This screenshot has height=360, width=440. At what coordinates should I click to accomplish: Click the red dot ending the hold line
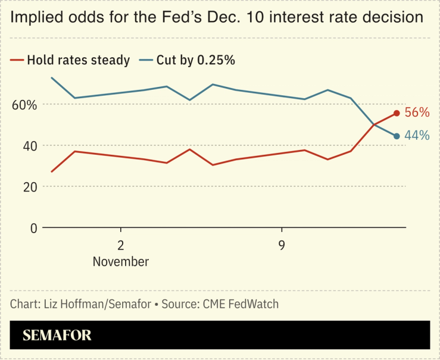[x=397, y=113]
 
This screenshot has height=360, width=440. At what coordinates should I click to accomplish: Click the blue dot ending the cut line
[x=397, y=136]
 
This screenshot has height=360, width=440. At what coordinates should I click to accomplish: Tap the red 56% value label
[x=417, y=112]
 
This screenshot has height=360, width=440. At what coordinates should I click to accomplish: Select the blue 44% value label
[x=417, y=136]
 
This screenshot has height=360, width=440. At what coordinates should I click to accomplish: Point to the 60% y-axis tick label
[x=24, y=105]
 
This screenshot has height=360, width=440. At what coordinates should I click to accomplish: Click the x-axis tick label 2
[x=121, y=245]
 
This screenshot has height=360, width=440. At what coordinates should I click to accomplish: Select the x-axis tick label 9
[x=281, y=245]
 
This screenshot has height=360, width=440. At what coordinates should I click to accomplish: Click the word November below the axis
[x=121, y=261]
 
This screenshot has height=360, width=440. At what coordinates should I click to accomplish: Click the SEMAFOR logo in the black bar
[x=57, y=335]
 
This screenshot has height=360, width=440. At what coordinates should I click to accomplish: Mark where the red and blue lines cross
[x=375, y=124]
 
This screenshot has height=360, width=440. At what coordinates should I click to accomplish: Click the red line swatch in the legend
[x=17, y=60]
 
